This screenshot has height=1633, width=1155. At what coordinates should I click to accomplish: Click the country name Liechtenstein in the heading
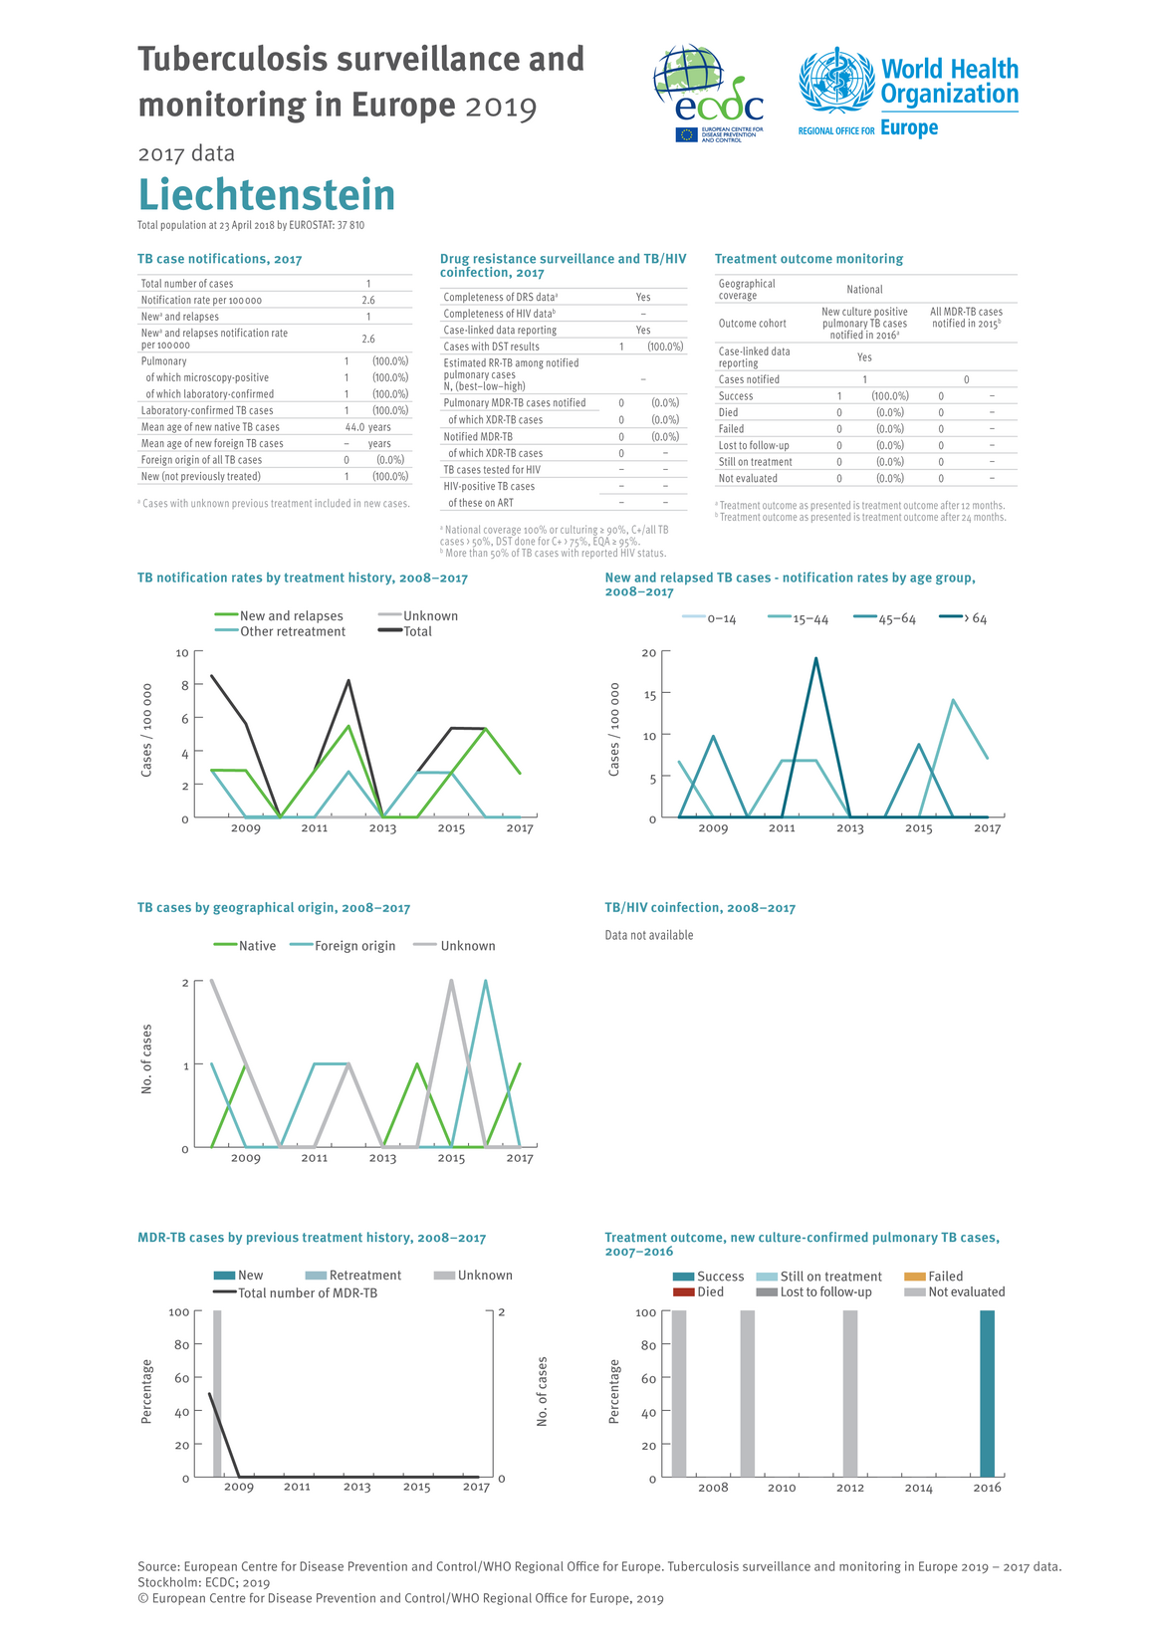[x=267, y=195]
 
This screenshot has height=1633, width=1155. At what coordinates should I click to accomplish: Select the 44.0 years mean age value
[x=367, y=427]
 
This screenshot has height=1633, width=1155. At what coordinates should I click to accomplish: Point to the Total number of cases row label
[x=187, y=284]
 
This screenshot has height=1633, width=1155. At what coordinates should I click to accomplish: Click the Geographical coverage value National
[x=864, y=290]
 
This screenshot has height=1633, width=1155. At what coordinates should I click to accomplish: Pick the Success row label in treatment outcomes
[x=736, y=396]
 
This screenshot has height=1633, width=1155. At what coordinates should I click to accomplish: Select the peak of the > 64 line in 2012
[x=816, y=658]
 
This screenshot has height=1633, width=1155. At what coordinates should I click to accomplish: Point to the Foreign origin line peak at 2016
[x=485, y=981]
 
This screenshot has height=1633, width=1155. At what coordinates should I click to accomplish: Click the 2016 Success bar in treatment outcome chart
[x=987, y=1394]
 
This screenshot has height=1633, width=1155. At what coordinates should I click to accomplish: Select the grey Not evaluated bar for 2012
[x=850, y=1394]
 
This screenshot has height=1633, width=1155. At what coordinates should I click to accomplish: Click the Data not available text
[x=649, y=935]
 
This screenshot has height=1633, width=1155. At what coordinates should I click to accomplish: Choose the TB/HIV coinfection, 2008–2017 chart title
[x=700, y=908]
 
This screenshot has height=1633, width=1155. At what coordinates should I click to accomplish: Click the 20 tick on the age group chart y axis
[x=649, y=653]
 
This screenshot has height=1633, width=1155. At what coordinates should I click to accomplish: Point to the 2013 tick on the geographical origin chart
[x=382, y=1158]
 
